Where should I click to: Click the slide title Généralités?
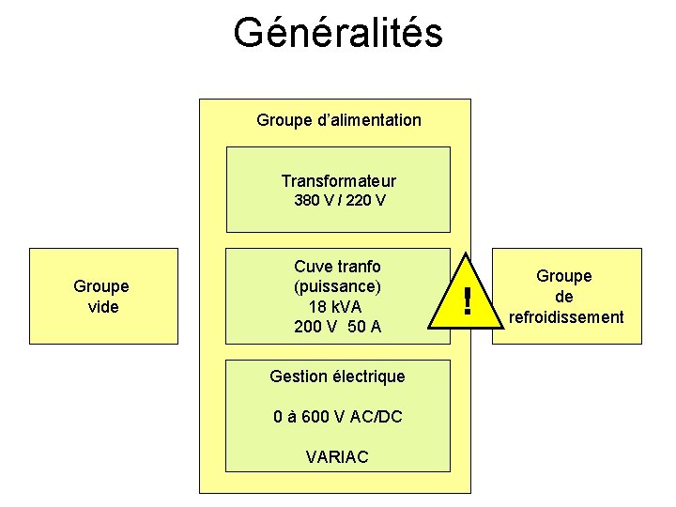pyautogui.click(x=337, y=33)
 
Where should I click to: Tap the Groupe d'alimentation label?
pyautogui.click(x=338, y=120)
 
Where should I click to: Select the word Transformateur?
pyautogui.click(x=338, y=181)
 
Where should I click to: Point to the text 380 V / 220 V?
pyautogui.click(x=338, y=201)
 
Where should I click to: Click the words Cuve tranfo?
pyautogui.click(x=337, y=267)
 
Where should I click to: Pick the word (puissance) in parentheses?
pyautogui.click(x=337, y=286)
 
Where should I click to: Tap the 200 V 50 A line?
pyautogui.click(x=337, y=327)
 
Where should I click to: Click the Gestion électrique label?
pyautogui.click(x=337, y=376)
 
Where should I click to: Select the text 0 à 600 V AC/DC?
pyautogui.click(x=337, y=416)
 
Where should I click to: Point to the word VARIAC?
pyautogui.click(x=337, y=457)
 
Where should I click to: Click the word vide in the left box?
pyautogui.click(x=103, y=307)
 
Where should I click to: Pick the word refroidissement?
pyautogui.click(x=565, y=317)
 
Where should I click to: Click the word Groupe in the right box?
pyautogui.click(x=564, y=276)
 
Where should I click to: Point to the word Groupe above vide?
pyautogui.click(x=101, y=286)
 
